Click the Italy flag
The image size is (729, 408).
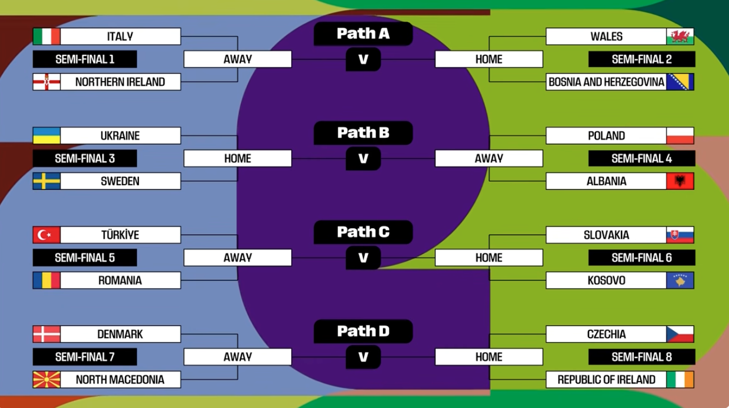tap(46, 36)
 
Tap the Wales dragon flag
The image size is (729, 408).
tap(680, 36)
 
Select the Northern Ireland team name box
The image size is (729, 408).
tap(120, 82)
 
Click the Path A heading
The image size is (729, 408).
tap(363, 34)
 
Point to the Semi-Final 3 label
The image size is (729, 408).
tap(85, 158)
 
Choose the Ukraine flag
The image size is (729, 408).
tap(46, 136)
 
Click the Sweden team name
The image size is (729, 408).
tap(120, 181)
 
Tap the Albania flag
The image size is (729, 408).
tap(680, 181)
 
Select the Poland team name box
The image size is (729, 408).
tap(606, 136)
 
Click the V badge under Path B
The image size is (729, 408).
tap(363, 158)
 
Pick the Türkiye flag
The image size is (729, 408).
tap(46, 235)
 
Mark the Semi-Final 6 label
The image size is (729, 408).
tap(642, 258)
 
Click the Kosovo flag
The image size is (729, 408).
tap(680, 280)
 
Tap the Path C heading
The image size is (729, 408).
tap(363, 232)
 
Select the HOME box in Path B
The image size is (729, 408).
tap(238, 158)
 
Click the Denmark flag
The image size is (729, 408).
tap(46, 334)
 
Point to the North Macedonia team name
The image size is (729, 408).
tap(120, 380)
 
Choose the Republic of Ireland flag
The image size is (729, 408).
tap(680, 380)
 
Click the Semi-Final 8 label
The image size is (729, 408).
tap(642, 357)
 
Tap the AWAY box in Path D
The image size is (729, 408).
tap(238, 357)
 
